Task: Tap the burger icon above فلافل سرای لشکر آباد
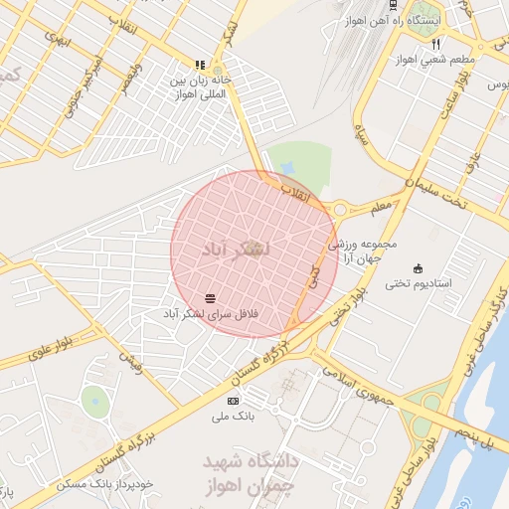click(210, 297)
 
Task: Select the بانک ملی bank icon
click(234, 400)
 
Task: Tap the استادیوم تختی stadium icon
click(417, 268)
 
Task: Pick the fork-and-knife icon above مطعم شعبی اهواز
click(435, 44)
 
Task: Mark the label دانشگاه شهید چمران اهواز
click(252, 473)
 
